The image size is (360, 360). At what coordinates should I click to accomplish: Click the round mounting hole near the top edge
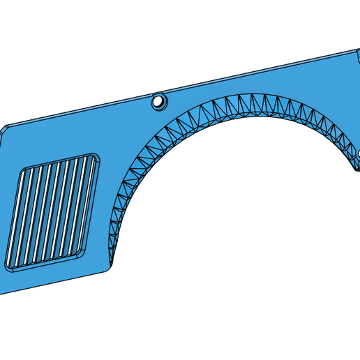coord(160,102)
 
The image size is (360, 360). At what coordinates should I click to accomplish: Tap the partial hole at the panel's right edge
coord(357,153)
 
